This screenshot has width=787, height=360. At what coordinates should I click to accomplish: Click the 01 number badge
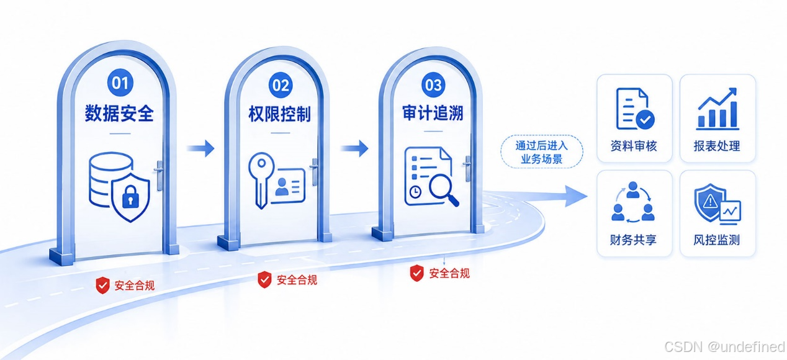120,83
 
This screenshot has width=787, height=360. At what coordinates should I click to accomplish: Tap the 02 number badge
281,85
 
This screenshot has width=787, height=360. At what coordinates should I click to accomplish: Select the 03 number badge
433,84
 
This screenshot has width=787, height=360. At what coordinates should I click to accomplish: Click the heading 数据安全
119,113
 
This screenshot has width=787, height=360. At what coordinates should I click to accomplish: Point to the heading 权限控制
280,114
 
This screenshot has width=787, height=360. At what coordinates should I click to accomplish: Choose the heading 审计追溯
433,113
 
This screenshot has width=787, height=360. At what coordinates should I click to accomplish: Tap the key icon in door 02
261,180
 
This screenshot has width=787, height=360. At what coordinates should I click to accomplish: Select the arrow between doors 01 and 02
200,148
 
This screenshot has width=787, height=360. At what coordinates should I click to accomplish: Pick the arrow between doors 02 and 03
354,148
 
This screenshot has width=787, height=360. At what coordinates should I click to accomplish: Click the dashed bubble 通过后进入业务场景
541,151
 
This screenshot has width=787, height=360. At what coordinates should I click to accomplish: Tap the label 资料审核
634,146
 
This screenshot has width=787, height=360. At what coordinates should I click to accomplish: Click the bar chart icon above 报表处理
717,109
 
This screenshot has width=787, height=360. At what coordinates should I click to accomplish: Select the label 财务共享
634,240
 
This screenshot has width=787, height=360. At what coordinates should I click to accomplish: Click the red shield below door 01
103,285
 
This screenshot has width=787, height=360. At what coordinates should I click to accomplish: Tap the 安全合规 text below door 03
449,273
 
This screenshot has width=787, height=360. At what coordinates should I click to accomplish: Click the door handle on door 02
315,171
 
